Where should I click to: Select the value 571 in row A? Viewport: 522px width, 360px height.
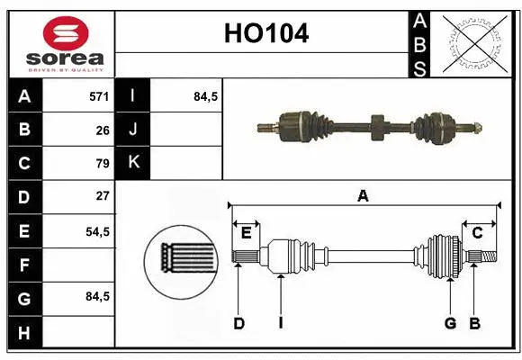(99, 95)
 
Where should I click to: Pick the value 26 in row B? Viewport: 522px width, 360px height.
(103, 130)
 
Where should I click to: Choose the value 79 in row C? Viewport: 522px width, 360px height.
(103, 163)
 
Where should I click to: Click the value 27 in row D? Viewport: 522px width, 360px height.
(103, 196)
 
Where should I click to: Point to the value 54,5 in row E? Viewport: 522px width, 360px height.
(97, 231)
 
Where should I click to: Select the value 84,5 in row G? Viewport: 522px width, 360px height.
(97, 296)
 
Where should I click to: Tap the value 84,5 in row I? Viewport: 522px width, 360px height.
(206, 95)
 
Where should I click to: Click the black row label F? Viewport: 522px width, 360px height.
(23, 265)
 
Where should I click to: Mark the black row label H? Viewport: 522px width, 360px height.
(23, 332)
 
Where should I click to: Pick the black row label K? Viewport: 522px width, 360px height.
(133, 163)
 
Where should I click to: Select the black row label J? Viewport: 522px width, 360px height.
(133, 130)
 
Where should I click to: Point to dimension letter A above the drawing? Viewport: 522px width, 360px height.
(363, 195)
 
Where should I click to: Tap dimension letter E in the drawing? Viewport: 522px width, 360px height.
(246, 233)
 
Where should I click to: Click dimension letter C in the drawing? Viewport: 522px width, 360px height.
(477, 233)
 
